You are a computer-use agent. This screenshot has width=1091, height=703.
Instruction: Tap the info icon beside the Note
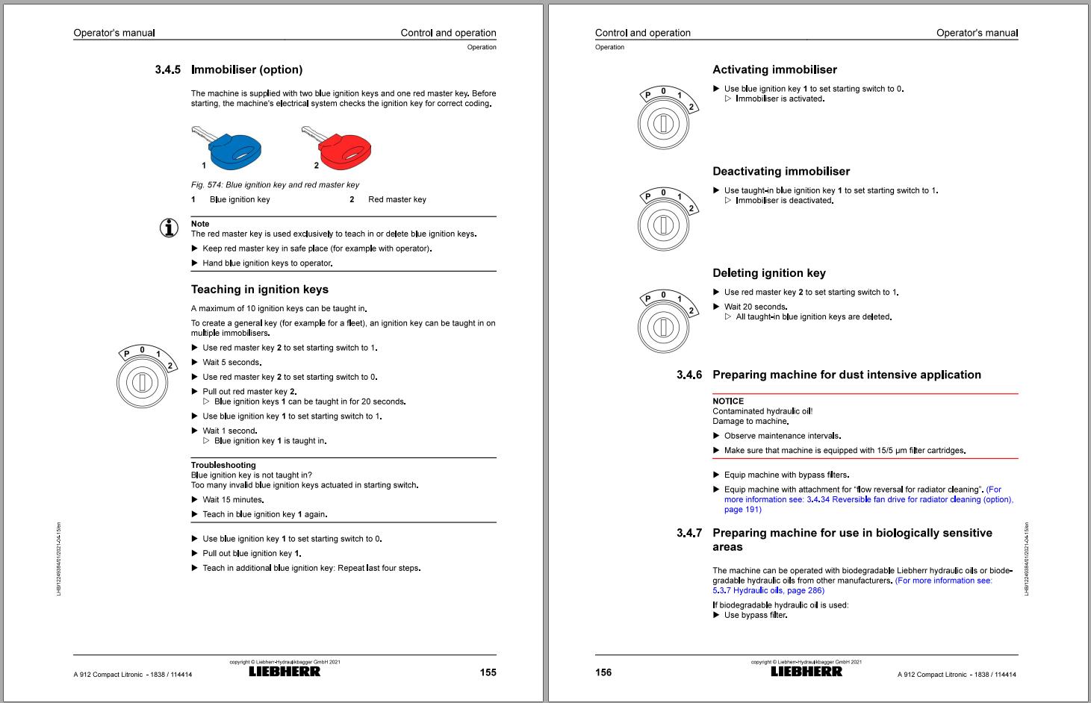[170, 228]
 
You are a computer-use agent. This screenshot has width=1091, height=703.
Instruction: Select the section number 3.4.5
[167, 70]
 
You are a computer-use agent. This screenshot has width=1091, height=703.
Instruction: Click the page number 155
[488, 672]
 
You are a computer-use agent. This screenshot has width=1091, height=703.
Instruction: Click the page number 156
[603, 672]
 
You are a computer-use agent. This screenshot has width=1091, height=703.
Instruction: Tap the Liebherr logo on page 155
[285, 671]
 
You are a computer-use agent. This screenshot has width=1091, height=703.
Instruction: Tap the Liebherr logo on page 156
[806, 671]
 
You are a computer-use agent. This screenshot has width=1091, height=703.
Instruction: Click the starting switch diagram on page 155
[143, 377]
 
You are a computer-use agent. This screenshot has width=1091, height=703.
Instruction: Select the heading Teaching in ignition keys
[259, 290]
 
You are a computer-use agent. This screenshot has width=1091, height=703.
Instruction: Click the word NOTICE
[728, 402]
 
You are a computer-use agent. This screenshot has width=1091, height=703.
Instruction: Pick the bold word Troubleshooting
[223, 465]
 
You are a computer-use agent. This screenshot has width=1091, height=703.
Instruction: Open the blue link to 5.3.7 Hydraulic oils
[768, 590]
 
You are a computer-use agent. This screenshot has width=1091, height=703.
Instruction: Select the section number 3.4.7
[689, 533]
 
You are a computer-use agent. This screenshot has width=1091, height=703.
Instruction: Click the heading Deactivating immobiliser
[781, 172]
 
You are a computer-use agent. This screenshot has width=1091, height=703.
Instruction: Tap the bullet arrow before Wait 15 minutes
[195, 500]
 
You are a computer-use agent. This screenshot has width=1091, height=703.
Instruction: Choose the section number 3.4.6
[689, 375]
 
